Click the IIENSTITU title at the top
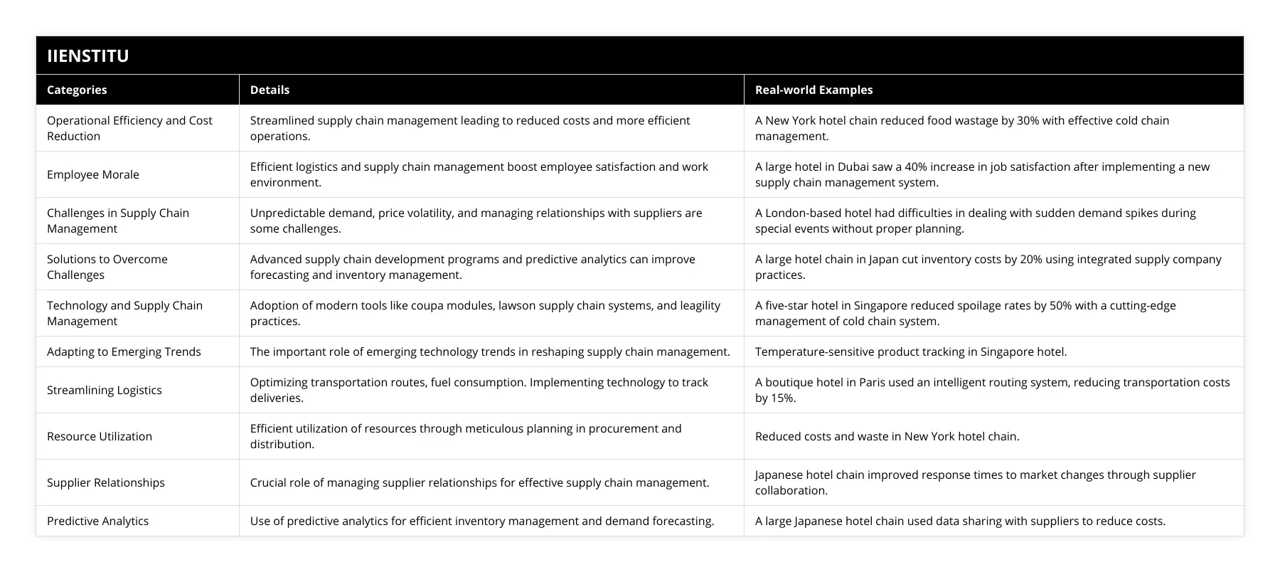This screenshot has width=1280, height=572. pos(87,55)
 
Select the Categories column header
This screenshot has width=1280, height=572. pos(77,90)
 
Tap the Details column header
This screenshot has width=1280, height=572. pos(270,90)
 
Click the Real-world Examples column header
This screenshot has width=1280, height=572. pos(814,90)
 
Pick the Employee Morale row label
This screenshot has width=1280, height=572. pos(93,174)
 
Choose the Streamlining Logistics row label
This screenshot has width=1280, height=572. pos(105,390)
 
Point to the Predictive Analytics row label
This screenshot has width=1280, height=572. pos(98,521)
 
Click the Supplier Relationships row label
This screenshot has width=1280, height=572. pos(106,482)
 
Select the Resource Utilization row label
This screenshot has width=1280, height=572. pos(100,436)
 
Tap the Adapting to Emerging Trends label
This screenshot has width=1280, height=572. pos(124,351)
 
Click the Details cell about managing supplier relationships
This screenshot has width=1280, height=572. pos(479,482)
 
